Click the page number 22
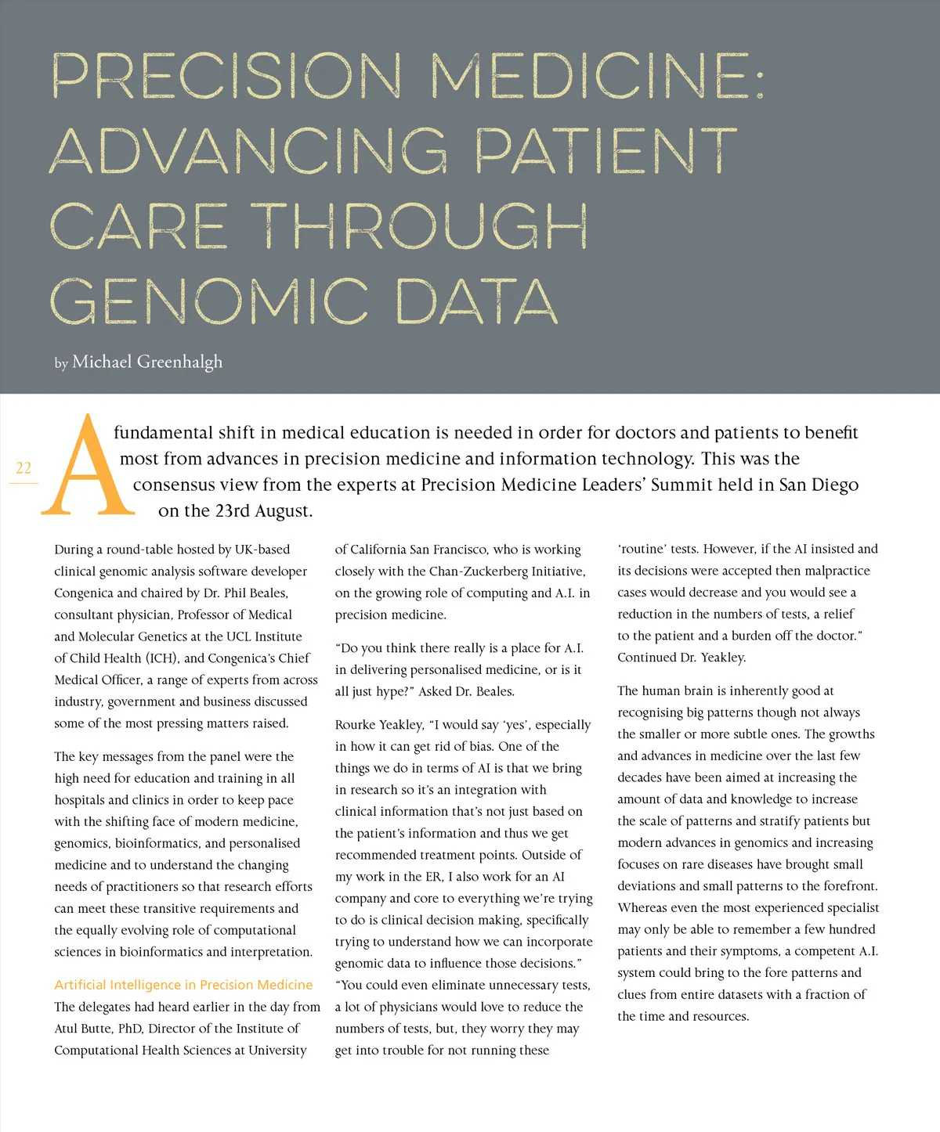point(23,468)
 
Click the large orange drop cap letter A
point(88,467)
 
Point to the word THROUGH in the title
point(419,226)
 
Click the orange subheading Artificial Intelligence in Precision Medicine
point(183,985)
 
